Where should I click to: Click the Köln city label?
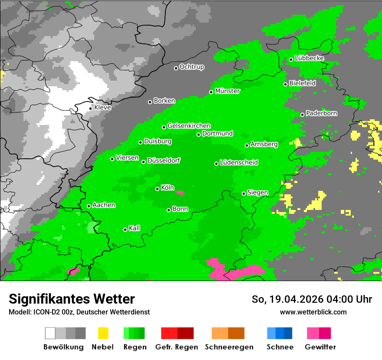click(x=168, y=188)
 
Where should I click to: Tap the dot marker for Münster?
click(x=211, y=92)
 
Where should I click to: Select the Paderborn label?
click(x=321, y=113)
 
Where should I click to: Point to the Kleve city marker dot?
click(x=91, y=108)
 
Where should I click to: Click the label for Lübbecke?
click(x=309, y=58)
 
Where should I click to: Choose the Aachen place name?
click(x=104, y=205)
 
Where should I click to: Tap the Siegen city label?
click(x=257, y=193)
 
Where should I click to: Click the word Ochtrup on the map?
click(x=191, y=67)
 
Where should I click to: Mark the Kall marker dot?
click(x=125, y=229)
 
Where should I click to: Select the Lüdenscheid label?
click(x=239, y=163)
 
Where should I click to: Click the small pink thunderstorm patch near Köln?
click(x=179, y=193)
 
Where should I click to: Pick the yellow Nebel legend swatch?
click(x=103, y=333)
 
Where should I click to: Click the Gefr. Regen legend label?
click(x=177, y=347)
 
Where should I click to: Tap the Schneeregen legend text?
click(x=229, y=347)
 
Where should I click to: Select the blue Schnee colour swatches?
click(x=280, y=333)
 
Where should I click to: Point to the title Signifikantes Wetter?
click(x=72, y=299)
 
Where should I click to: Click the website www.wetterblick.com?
click(x=313, y=312)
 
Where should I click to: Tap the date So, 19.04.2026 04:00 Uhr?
click(x=312, y=299)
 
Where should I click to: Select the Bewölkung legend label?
click(x=63, y=347)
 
